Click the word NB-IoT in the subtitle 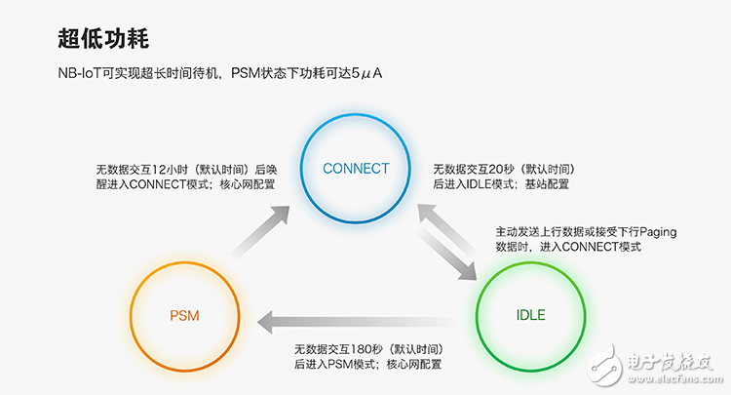80,73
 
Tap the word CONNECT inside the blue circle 356,168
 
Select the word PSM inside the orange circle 184,315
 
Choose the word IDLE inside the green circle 530,315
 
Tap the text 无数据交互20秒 472,167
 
